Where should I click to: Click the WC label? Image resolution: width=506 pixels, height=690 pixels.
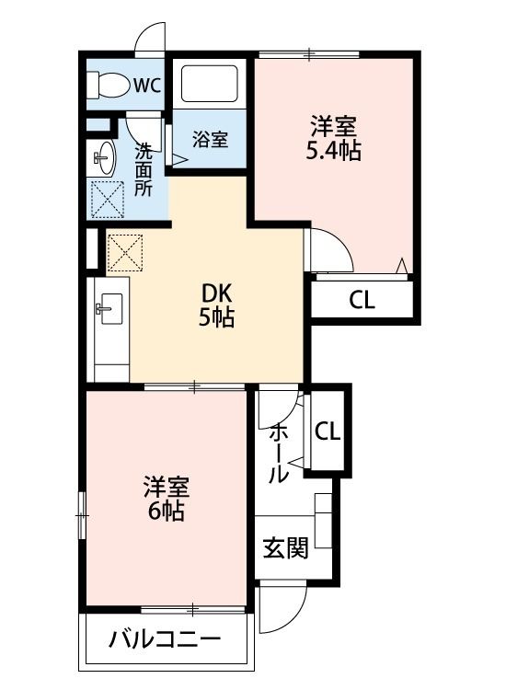(x=147, y=86)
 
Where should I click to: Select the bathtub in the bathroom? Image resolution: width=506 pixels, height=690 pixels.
(x=209, y=83)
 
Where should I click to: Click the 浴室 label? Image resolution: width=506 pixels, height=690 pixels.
(x=210, y=140)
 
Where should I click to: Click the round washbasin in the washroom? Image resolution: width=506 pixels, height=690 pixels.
(x=104, y=159)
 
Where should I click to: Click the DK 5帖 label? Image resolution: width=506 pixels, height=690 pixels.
(x=218, y=306)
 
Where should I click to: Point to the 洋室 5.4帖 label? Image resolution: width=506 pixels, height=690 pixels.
(x=333, y=138)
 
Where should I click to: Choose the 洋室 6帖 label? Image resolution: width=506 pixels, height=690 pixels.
(x=166, y=498)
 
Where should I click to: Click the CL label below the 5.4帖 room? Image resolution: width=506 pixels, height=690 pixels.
(x=362, y=301)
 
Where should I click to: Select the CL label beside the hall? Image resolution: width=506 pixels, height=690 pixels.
(x=328, y=431)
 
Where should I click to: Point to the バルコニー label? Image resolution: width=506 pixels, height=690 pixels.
(x=165, y=639)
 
